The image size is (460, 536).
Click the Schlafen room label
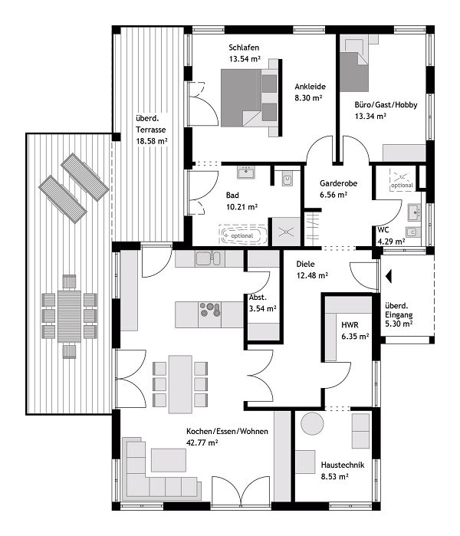(x=244, y=47)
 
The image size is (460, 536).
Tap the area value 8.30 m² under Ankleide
(x=308, y=98)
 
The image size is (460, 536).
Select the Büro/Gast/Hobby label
(x=386, y=104)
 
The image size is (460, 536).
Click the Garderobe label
(x=333, y=184)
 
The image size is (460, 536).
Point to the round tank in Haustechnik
(x=313, y=423)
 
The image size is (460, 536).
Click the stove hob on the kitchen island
(x=209, y=310)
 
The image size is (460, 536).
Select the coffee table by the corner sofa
(x=168, y=459)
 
